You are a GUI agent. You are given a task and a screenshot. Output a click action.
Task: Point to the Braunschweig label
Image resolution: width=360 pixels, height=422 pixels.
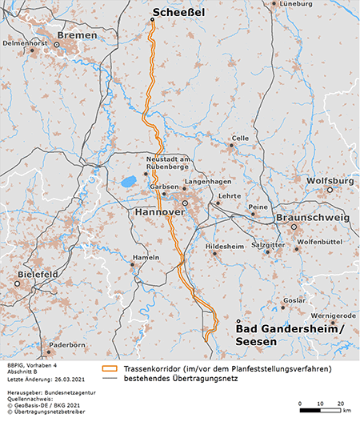[313, 218]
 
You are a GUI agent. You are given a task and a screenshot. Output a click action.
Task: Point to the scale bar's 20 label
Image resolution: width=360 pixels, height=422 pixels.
[340, 403]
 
